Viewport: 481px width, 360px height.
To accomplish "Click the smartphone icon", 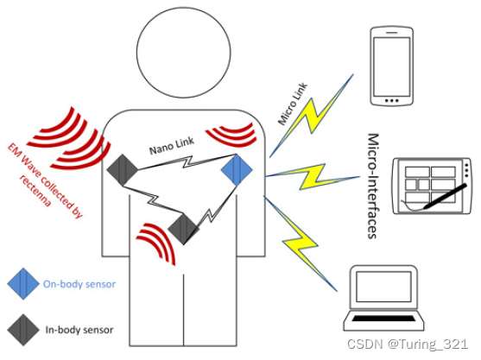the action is (392, 66).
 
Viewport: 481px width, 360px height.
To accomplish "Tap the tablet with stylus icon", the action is (432, 186).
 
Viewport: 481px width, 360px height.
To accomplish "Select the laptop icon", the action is (383, 298).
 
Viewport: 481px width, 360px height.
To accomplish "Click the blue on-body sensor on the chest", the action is (237, 169).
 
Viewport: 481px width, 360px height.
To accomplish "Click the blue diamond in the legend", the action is (23, 284).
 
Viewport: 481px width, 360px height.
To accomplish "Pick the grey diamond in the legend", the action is (23, 330).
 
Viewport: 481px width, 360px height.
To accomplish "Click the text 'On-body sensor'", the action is (79, 284).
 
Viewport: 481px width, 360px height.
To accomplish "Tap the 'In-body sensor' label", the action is (79, 330).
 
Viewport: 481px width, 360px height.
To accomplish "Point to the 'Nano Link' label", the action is (172, 145).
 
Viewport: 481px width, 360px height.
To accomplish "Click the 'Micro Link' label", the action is (293, 104).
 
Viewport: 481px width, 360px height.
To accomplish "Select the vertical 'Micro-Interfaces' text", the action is (372, 186).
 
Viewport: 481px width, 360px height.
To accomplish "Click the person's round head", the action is (183, 53).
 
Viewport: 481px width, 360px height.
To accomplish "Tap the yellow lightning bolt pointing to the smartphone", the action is (312, 116).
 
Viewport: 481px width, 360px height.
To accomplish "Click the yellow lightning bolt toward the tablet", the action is (313, 177).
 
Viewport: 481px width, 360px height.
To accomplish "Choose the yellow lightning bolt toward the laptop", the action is (300, 243).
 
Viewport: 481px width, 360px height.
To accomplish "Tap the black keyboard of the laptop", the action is (383, 319).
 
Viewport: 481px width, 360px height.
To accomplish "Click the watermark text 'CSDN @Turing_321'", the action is (408, 344).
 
